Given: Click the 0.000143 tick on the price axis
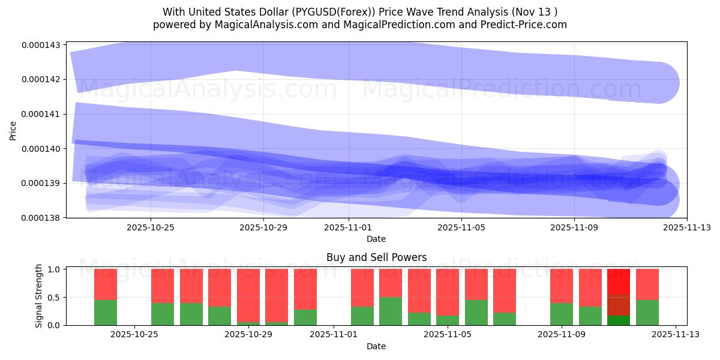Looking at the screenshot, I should [x=40, y=45].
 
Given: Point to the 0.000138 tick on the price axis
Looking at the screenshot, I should [x=40, y=218].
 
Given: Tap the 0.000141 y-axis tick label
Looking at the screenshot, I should [x=40, y=114].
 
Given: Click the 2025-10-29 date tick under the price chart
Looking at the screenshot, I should [x=263, y=228].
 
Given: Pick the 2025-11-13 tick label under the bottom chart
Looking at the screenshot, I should [x=676, y=335].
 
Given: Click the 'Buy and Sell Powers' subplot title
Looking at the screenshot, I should [x=376, y=257].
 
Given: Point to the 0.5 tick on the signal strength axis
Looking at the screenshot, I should [x=52, y=298].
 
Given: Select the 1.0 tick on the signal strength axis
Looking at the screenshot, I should [x=52, y=269].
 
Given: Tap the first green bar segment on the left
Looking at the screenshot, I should [x=106, y=313].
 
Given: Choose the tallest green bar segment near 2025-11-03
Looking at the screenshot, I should [x=391, y=311].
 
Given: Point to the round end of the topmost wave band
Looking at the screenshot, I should [x=659, y=82].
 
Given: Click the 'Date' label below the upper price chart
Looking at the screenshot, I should [x=376, y=239].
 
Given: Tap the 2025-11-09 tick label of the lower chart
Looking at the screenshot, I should [x=562, y=335].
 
